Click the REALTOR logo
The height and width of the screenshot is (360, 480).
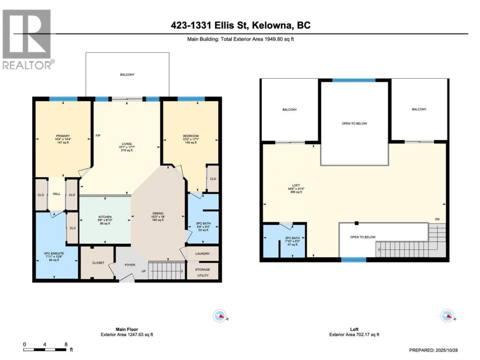tap(27, 39)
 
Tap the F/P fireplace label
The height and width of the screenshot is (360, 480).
tap(98, 136)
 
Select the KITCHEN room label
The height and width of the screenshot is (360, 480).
tap(105, 217)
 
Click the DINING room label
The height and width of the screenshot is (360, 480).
tap(158, 213)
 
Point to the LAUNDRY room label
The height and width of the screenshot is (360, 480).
tap(202, 253)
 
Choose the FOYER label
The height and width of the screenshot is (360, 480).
tap(130, 265)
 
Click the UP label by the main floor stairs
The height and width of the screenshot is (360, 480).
tap(143, 271)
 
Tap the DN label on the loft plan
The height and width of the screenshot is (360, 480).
tap(437, 219)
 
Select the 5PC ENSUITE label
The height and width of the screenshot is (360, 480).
tap(54, 253)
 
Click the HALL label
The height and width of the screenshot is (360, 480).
tap(56, 194)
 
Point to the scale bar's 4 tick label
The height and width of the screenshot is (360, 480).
tap(45, 345)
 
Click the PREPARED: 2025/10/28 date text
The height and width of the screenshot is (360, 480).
tap(433, 350)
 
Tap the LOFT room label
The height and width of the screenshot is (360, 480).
tap(296, 186)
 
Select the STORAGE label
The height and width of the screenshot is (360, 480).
tap(202, 270)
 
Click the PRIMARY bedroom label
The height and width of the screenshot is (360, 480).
tap(63, 136)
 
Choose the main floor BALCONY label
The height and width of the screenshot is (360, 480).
tap(127, 75)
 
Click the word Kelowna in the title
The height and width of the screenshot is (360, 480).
tap(271, 25)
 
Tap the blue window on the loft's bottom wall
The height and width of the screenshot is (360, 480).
tap(353, 260)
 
